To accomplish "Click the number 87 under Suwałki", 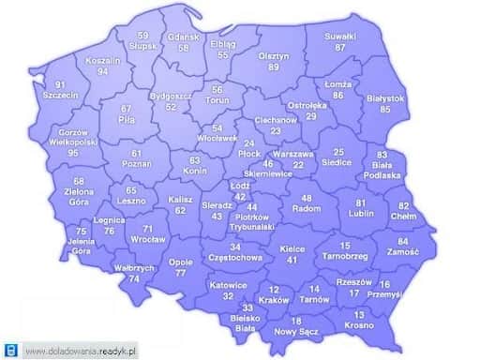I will tap(340, 47).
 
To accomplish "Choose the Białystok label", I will tap(385, 97).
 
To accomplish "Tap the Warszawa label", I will tap(298, 152).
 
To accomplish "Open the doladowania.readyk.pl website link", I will tap(81, 351).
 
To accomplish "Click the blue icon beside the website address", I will tap(10, 351).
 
